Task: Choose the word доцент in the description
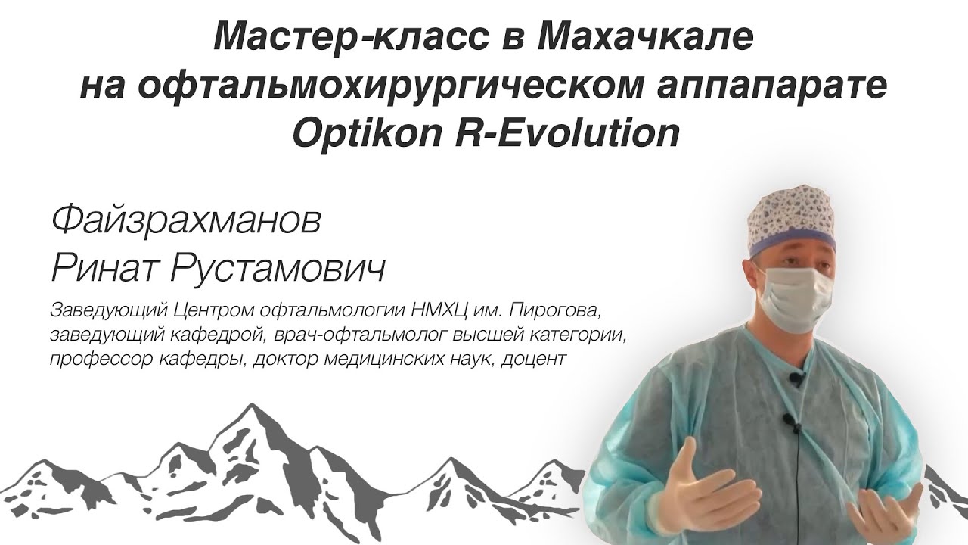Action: pos(535,358)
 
